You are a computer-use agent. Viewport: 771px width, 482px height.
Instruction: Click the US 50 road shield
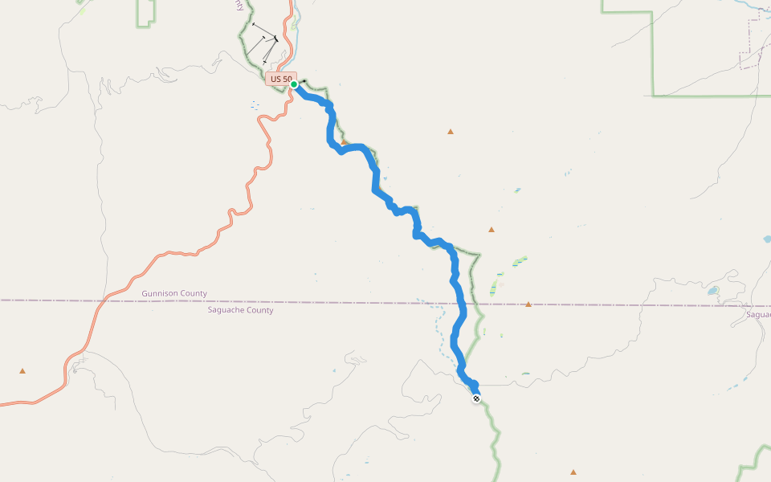pyautogui.click(x=280, y=79)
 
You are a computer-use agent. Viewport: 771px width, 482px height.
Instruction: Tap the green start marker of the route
pyautogui.click(x=295, y=84)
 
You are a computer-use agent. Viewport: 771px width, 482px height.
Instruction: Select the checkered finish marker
pyautogui.click(x=476, y=398)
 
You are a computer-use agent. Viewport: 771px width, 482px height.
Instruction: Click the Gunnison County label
pyautogui.click(x=174, y=294)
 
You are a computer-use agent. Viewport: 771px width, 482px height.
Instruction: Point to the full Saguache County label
pyautogui.click(x=240, y=310)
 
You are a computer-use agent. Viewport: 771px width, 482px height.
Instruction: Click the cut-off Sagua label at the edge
pyautogui.click(x=758, y=314)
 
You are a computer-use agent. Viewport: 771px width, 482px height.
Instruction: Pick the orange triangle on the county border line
pyautogui.click(x=528, y=304)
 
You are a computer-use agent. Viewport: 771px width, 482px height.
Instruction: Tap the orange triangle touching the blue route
pyautogui.click(x=344, y=142)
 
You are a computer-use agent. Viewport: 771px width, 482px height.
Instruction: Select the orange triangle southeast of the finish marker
pyautogui.click(x=573, y=472)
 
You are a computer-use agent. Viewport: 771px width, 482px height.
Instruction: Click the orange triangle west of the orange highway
pyautogui.click(x=22, y=371)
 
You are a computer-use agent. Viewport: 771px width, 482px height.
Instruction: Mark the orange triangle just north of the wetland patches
pyautogui.click(x=492, y=230)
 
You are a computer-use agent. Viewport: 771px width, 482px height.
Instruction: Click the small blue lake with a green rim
pyautogui.click(x=712, y=291)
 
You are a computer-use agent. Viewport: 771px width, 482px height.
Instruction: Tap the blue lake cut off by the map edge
pyautogui.click(x=767, y=239)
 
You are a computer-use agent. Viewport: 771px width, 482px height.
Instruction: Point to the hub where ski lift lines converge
pyautogui.click(x=275, y=39)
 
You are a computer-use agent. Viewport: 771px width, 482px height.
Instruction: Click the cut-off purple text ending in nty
pyautogui.click(x=239, y=5)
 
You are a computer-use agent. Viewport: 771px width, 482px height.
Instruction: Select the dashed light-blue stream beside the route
pyautogui.click(x=439, y=329)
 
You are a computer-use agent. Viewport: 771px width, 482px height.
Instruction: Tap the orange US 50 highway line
pyautogui.click(x=161, y=255)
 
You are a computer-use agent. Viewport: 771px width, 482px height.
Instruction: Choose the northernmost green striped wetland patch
pyautogui.click(x=520, y=260)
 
